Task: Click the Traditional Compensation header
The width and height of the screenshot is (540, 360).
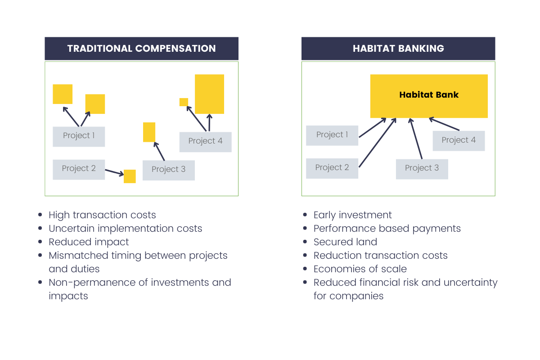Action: pyautogui.click(x=141, y=49)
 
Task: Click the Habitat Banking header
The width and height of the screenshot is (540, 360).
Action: pyautogui.click(x=398, y=49)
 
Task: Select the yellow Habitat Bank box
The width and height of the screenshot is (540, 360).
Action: pyautogui.click(x=429, y=96)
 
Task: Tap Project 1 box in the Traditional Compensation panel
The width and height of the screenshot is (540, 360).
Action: pyautogui.click(x=79, y=136)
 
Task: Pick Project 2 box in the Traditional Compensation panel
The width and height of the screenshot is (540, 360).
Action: pyautogui.click(x=79, y=169)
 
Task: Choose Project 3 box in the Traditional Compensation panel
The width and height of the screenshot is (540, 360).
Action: pyautogui.click(x=169, y=170)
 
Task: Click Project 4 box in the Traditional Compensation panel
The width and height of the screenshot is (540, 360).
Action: pyautogui.click(x=205, y=142)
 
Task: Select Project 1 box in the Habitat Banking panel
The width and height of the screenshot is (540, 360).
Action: pyautogui.click(x=332, y=135)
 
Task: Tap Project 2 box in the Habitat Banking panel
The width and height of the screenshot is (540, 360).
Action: pyautogui.click(x=332, y=168)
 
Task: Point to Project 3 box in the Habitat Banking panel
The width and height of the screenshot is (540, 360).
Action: pyautogui.click(x=422, y=169)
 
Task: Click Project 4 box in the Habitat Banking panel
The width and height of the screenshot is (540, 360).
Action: pyautogui.click(x=459, y=140)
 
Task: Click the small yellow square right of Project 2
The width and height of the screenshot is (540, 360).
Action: pyautogui.click(x=130, y=176)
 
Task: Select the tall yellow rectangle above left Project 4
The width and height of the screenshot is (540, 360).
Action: pyautogui.click(x=209, y=94)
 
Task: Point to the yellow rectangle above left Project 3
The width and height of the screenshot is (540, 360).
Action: pyautogui.click(x=149, y=132)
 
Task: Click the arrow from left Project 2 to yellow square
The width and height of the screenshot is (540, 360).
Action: pyautogui.click(x=114, y=172)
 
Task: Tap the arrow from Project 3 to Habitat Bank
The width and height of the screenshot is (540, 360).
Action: pyautogui.click(x=416, y=139)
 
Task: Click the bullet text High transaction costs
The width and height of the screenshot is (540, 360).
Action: pyautogui.click(x=102, y=215)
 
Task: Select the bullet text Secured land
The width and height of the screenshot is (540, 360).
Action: pyautogui.click(x=345, y=242)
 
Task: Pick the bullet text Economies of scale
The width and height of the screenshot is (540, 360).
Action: pyautogui.click(x=360, y=269)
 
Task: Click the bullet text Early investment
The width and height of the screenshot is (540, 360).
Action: pyautogui.click(x=352, y=215)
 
